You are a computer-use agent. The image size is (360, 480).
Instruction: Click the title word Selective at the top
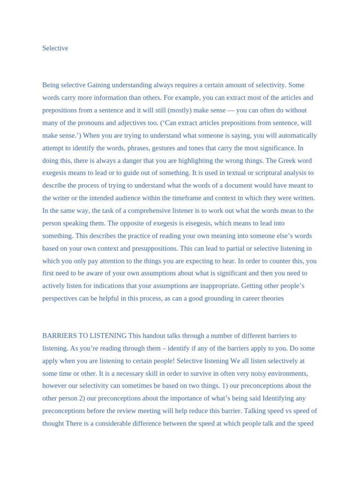[x=55, y=48]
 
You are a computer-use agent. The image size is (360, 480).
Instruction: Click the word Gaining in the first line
[x=99, y=85]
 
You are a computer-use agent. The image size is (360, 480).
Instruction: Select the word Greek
[x=288, y=160]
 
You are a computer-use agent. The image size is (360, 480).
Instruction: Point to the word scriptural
[x=261, y=173]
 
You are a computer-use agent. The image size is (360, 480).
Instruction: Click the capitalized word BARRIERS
[x=60, y=336]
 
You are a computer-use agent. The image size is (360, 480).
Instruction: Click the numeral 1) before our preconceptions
[x=225, y=386]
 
